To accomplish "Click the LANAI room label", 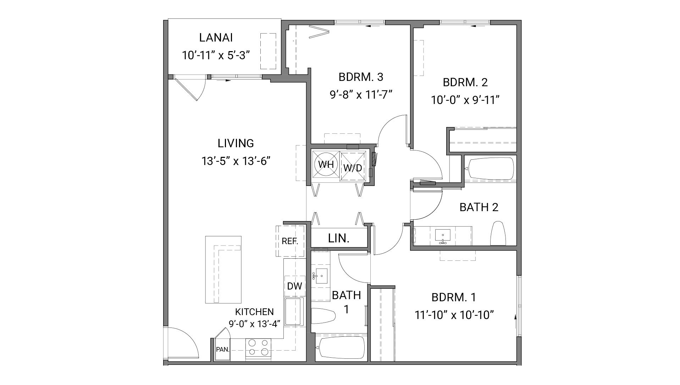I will tap(216, 38).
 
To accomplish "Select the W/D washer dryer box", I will tap(353, 167).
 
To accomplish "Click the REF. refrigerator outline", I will tap(290, 241).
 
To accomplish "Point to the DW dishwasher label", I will tap(294, 286).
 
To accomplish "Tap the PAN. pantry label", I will tap(222, 349).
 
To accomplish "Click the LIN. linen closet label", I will tap(339, 238).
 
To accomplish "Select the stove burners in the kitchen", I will tap(258, 347).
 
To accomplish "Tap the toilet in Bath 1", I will tap(323, 315).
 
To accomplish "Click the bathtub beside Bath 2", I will tap(491, 168).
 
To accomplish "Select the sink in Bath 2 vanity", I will tap(442, 235).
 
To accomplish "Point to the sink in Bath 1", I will tap(321, 276).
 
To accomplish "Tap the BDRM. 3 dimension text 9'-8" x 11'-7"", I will tap(361, 95).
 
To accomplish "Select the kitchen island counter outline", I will tap(223, 270).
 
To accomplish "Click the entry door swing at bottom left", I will tap(183, 342).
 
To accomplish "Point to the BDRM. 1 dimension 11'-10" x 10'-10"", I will tap(454, 314).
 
